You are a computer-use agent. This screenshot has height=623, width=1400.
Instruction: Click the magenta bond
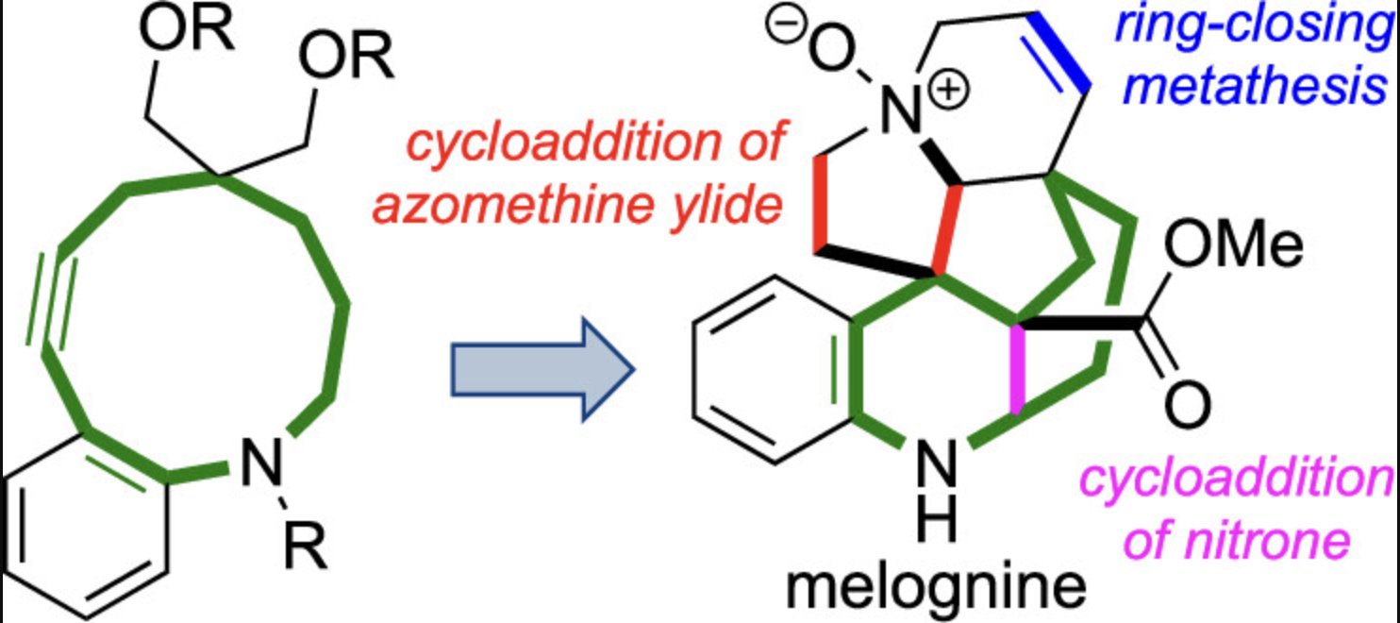[x=1017, y=370]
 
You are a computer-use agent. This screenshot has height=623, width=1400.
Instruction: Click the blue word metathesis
[x=1258, y=87]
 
